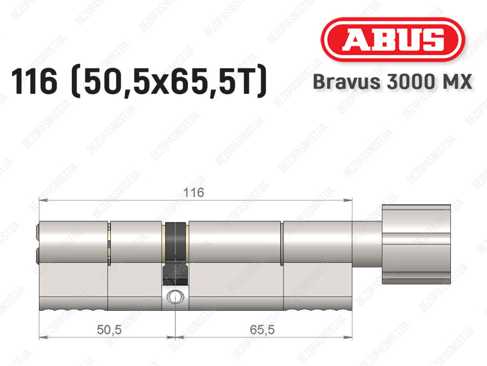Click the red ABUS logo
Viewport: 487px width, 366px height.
point(392,40)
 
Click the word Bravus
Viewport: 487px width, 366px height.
point(347,82)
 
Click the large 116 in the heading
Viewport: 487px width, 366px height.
point(34,81)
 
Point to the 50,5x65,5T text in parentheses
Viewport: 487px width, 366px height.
point(169,81)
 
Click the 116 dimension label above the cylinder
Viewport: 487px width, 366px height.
point(194,193)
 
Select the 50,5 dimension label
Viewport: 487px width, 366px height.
point(109,330)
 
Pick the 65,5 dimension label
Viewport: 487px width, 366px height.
point(262,330)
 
